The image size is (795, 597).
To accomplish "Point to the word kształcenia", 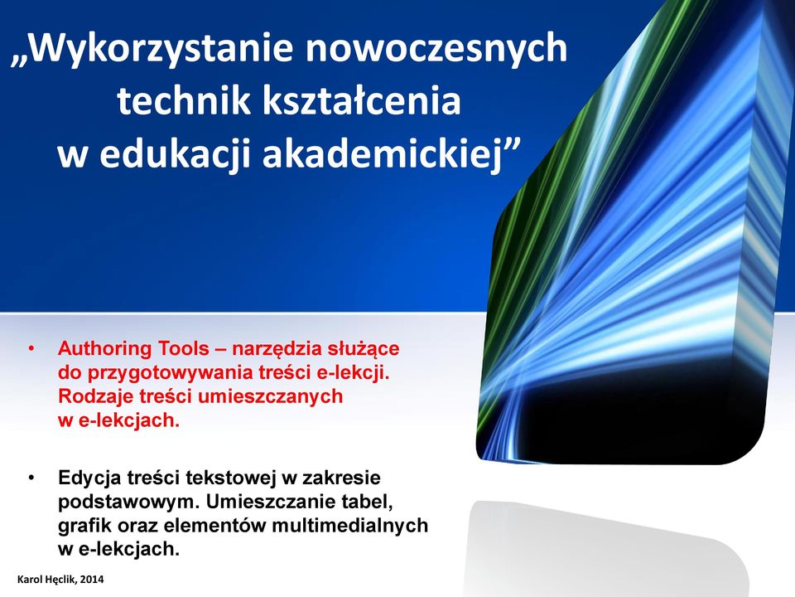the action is [x=362, y=99].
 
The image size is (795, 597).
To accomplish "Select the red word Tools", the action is [x=184, y=349].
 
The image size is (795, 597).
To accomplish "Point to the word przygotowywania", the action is [x=170, y=374].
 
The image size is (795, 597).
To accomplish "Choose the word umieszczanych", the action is [x=270, y=397].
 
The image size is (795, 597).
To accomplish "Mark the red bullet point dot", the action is [x=31, y=349].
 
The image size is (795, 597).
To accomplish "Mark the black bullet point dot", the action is [x=31, y=478].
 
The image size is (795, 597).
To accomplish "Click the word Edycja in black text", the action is [x=89, y=478].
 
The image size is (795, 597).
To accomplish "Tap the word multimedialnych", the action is [x=349, y=525].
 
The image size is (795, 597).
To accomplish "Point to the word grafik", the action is [x=84, y=526].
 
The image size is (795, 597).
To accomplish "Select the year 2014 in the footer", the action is [x=92, y=580].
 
